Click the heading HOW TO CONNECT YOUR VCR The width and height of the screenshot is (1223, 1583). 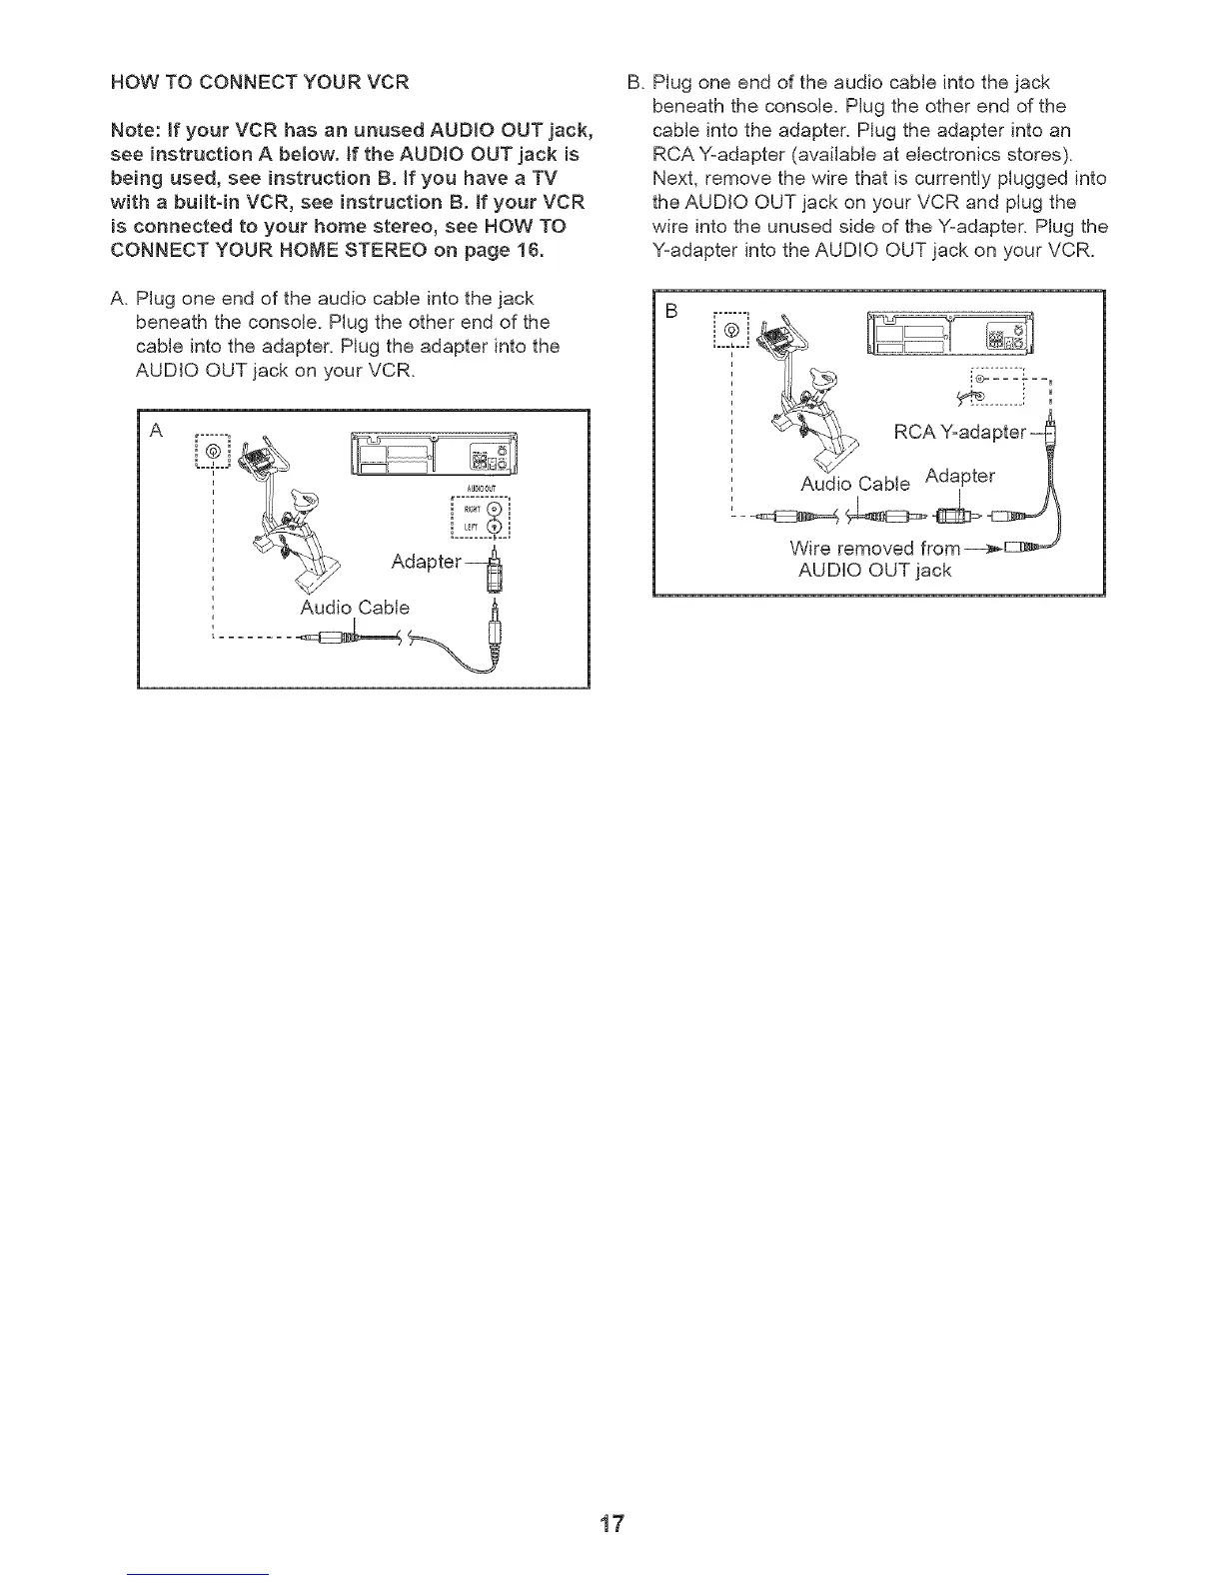[x=260, y=82]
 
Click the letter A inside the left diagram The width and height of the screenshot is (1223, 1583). [x=156, y=430]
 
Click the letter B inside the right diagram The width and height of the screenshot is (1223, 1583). [x=671, y=311]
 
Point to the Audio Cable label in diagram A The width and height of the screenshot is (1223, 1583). [x=355, y=608]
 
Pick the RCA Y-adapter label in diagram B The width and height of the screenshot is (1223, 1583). [x=960, y=432]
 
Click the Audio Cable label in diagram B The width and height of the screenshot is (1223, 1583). [x=855, y=484]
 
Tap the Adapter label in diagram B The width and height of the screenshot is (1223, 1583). [x=960, y=476]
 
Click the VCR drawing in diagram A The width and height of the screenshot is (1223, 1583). [x=435, y=456]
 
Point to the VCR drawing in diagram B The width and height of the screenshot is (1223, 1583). [x=950, y=333]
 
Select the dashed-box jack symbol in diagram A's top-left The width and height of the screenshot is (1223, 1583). [x=213, y=453]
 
